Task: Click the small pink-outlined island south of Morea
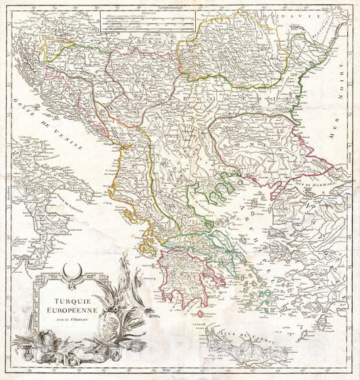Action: (199, 313)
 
